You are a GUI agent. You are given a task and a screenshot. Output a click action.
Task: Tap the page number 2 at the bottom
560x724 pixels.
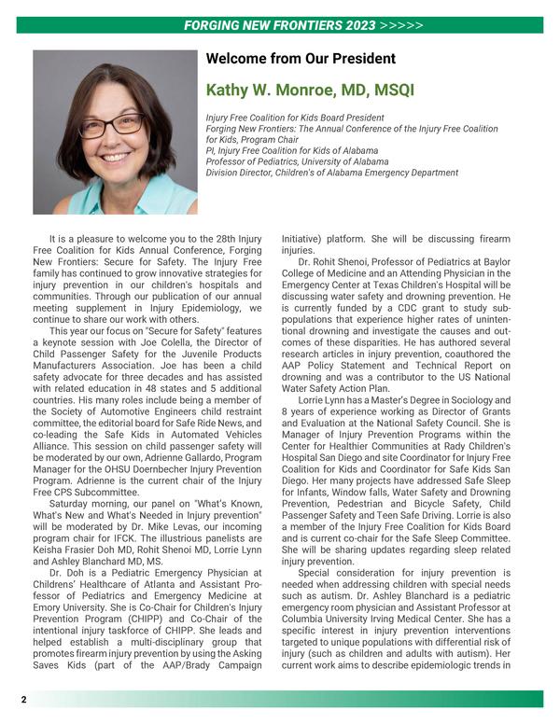coord(24,699)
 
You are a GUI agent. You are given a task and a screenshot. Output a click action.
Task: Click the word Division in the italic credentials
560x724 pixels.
coord(227,173)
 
